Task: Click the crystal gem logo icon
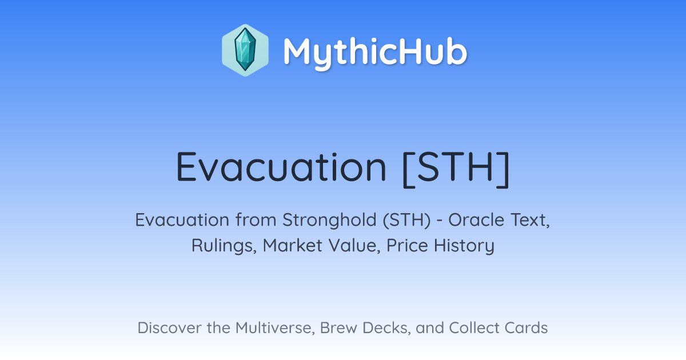click(245, 50)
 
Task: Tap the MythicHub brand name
click(375, 53)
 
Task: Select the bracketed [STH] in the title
click(456, 169)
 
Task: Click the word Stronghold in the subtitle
click(329, 220)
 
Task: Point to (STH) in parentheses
click(406, 220)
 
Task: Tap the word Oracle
click(477, 220)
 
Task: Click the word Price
click(407, 245)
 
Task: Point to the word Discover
click(169, 327)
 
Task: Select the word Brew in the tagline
click(338, 327)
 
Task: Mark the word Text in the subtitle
click(530, 220)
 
